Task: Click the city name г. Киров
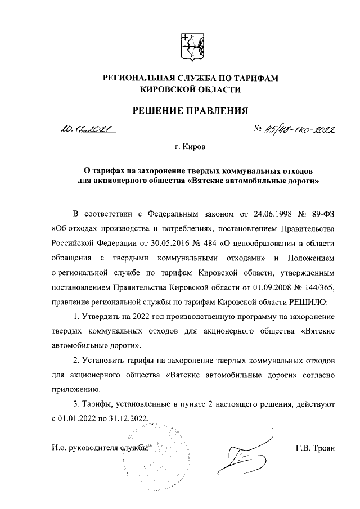click(x=190, y=148)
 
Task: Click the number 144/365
click(x=318, y=287)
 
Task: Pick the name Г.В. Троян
click(x=314, y=448)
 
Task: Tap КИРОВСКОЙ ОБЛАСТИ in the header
click(x=192, y=89)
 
